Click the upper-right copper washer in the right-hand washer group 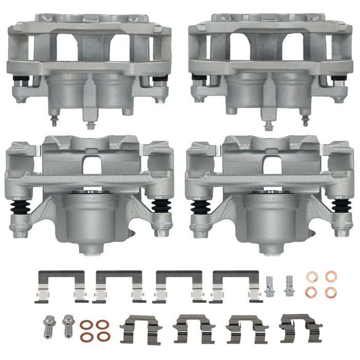tap(330, 277)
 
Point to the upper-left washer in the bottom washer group tap(87, 325)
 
